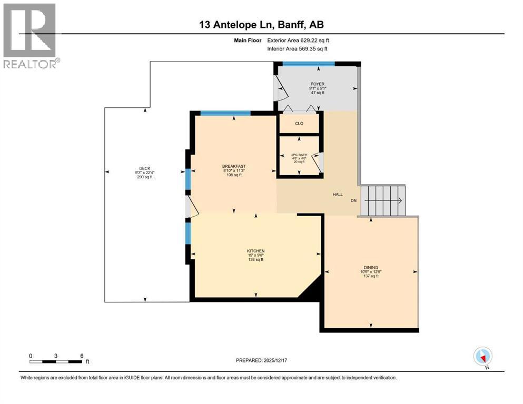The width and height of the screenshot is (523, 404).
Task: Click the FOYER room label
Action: coord(317,84)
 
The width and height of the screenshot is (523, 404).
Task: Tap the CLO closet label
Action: coord(299,123)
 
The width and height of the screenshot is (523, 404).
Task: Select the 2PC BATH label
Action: coord(299,155)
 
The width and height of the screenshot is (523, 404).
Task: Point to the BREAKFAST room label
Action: coord(234,166)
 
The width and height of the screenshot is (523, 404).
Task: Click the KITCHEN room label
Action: coord(256,251)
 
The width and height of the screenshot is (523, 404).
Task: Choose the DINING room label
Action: coord(371,267)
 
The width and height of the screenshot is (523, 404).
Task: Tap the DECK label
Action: coord(145,168)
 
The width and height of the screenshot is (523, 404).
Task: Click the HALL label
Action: coord(338,195)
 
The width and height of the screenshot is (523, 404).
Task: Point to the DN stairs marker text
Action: coord(353,200)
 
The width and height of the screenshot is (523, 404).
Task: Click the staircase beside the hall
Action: coord(383,200)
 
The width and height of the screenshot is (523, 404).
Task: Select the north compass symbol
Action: coord(483,357)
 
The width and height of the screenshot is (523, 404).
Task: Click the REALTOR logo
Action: coord(31,36)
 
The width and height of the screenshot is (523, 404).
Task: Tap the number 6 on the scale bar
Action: coord(82,356)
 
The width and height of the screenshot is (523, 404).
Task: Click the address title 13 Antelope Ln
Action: coord(236,25)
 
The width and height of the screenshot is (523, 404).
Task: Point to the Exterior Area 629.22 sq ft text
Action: coord(298,41)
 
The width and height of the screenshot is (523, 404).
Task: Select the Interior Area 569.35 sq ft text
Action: coord(297,48)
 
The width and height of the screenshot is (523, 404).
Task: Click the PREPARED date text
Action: coord(261,360)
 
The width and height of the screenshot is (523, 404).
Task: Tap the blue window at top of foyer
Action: coord(309,64)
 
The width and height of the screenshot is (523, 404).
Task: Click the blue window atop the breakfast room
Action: coord(225,113)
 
